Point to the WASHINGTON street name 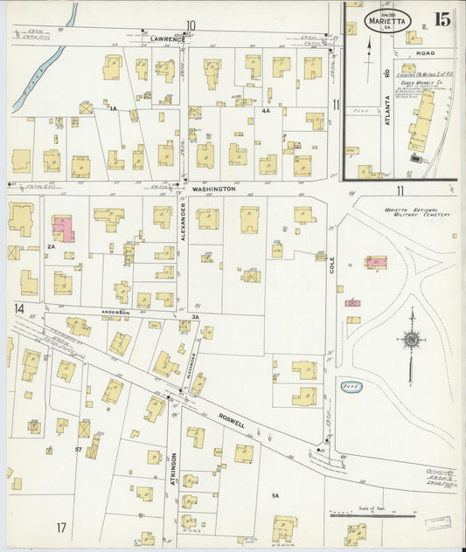pyautogui.click(x=214, y=189)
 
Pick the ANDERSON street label pyautogui.click(x=115, y=312)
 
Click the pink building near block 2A pyautogui.click(x=63, y=230)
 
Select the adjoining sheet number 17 pyautogui.click(x=61, y=528)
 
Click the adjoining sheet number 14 pyautogui.click(x=18, y=308)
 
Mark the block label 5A pyautogui.click(x=275, y=495)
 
